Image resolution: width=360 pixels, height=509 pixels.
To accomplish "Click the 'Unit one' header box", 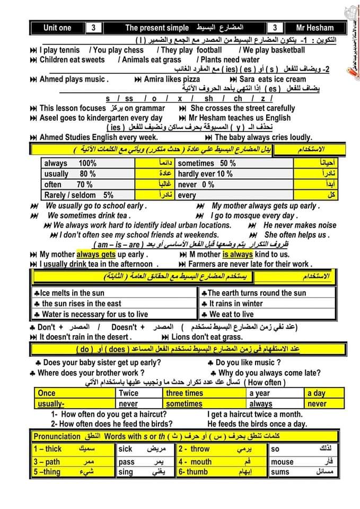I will pos(57,28).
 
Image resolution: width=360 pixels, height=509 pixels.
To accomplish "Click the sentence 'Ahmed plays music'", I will pos(74,80).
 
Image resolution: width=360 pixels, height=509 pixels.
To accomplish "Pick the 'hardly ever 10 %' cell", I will pos(205,174).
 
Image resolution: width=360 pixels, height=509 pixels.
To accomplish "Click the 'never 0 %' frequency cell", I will pos(196,185).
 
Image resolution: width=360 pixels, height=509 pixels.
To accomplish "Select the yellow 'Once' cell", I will pos(47,393).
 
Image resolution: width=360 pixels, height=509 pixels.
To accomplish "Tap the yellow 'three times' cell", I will pos(184,393).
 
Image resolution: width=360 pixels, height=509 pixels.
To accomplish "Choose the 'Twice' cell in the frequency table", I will pos(128,393).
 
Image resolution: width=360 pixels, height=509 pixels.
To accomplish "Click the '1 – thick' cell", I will pos(48,449).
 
